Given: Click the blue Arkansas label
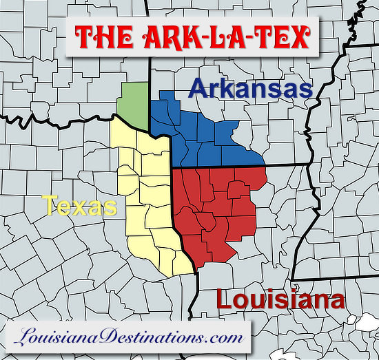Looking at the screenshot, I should click(251, 89).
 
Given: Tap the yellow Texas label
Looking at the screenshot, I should click(79, 205).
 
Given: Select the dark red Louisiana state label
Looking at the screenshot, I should click(280, 299).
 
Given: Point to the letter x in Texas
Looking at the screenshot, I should click(83, 206).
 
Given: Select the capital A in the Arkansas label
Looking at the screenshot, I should click(199, 89).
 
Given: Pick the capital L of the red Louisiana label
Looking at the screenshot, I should click(225, 299).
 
